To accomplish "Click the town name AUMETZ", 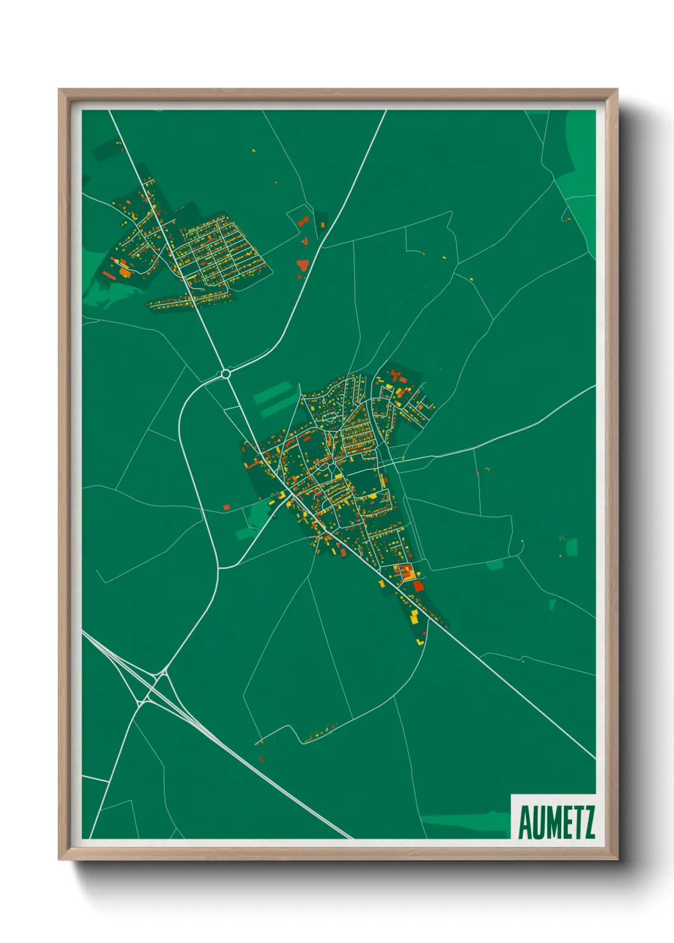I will point(556,823).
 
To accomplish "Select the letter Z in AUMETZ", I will point(588,823).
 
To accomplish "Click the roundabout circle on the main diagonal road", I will point(226,374).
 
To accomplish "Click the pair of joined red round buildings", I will point(303,222).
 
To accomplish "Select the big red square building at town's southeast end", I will point(418,586).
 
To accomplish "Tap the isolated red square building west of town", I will point(226,507).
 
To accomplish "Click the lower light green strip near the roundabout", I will point(280,408).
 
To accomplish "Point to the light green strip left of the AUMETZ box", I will point(465,821).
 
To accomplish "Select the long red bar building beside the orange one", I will point(108,276).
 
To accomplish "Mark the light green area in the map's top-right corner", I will point(577,153).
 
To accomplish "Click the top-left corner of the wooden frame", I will point(60,90).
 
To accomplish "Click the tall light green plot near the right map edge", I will point(571,547).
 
